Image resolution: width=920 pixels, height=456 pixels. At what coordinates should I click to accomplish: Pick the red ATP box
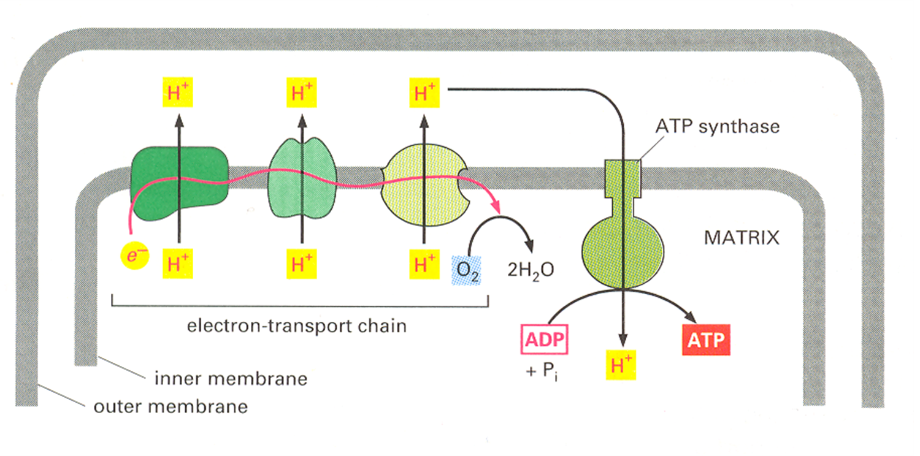(705, 340)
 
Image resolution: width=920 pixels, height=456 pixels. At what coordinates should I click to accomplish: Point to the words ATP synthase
(717, 126)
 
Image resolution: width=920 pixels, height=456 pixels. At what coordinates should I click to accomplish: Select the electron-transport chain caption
(297, 325)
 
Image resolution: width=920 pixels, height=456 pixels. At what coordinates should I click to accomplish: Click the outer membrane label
(171, 406)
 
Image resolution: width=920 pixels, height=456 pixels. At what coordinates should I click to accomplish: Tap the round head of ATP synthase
(623, 251)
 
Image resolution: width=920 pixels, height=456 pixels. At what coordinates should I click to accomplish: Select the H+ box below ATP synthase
(622, 366)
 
